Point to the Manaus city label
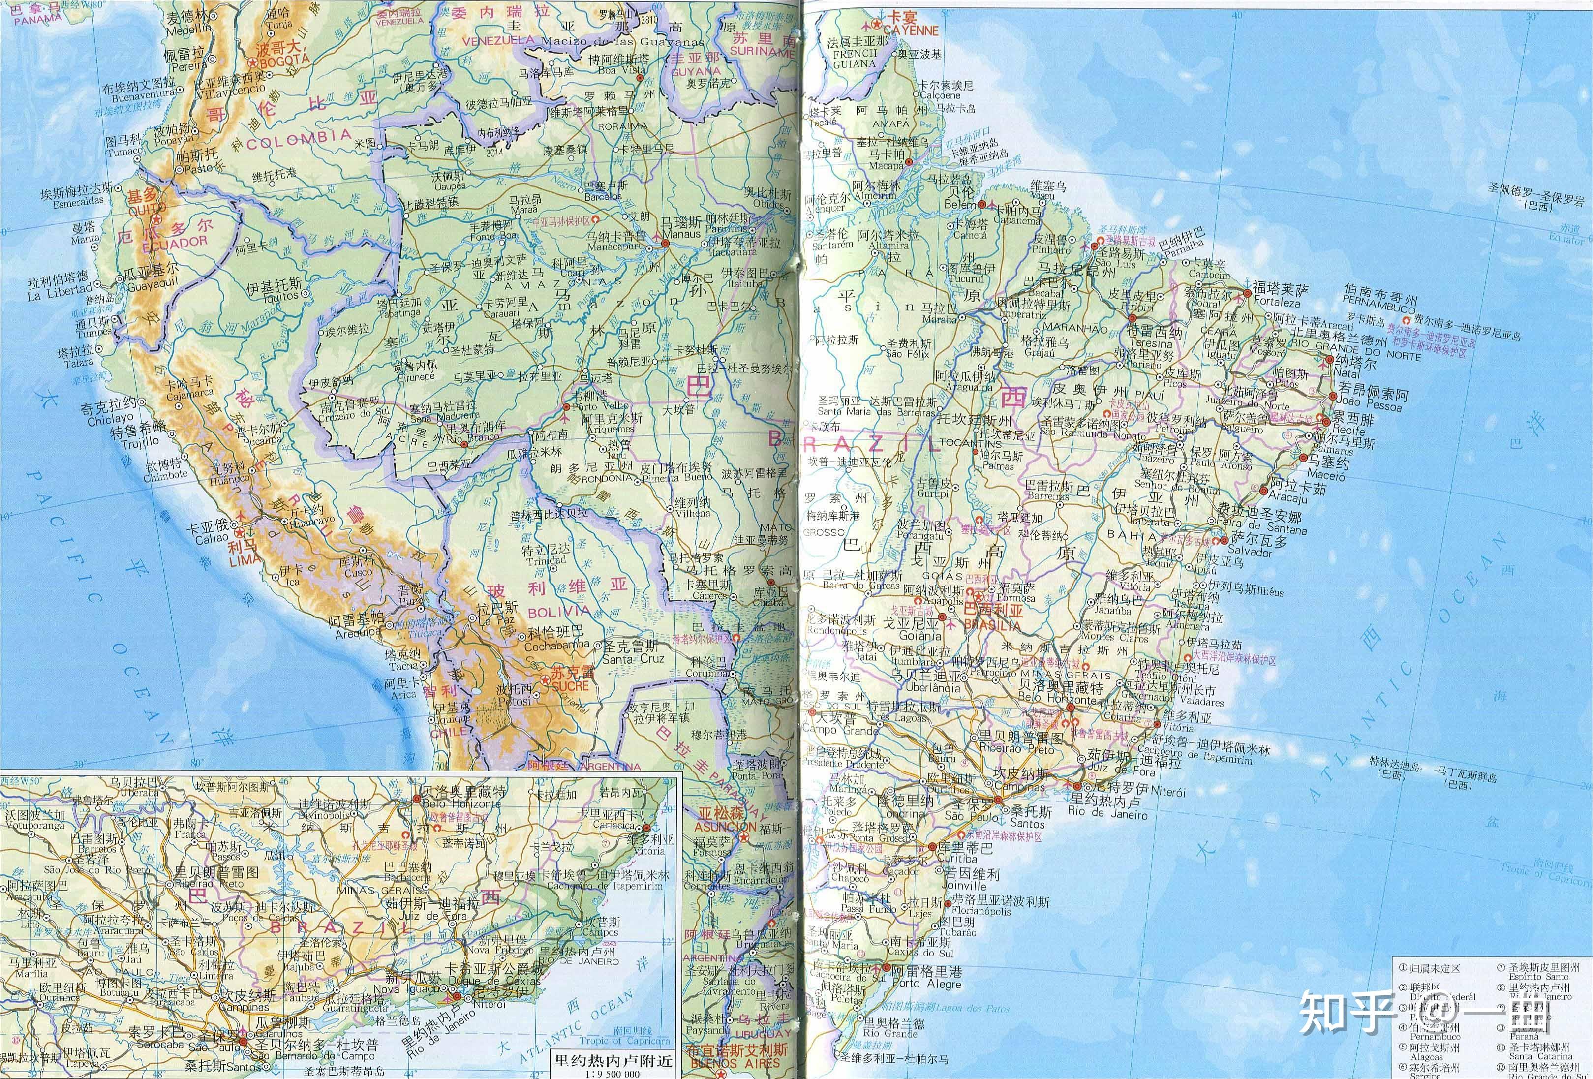tap(681, 234)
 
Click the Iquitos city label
tap(280, 296)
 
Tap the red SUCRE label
tap(570, 685)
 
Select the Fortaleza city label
tap(1276, 302)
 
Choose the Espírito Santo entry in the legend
tap(1538, 976)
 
